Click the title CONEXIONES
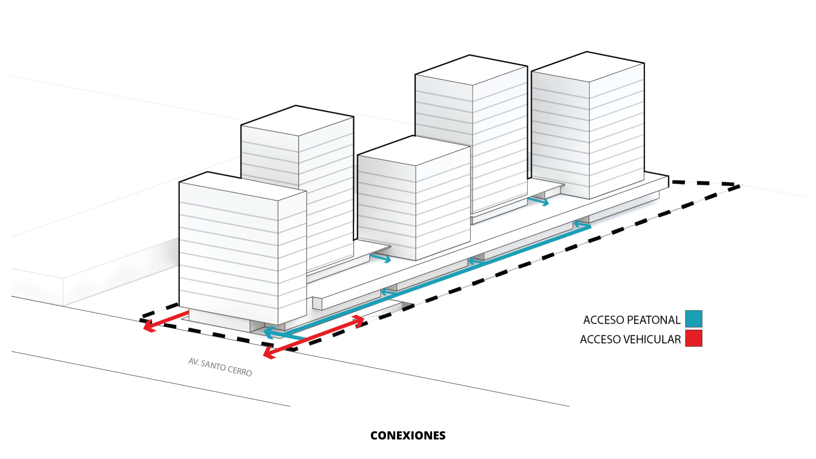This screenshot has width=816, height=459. pyautogui.click(x=408, y=436)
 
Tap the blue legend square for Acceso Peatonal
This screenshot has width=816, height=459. pyautogui.click(x=694, y=319)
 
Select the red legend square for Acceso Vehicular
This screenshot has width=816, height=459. pyautogui.click(x=694, y=338)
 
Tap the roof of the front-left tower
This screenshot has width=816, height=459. pyautogui.click(x=242, y=186)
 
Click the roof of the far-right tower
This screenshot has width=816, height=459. pyautogui.click(x=588, y=66)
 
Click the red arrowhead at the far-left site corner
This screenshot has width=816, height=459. pyautogui.click(x=148, y=327)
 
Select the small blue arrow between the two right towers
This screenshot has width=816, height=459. pyautogui.click(x=538, y=201)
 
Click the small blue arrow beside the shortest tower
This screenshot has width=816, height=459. pyautogui.click(x=380, y=258)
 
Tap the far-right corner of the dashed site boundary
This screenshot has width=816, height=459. pyautogui.click(x=739, y=186)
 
